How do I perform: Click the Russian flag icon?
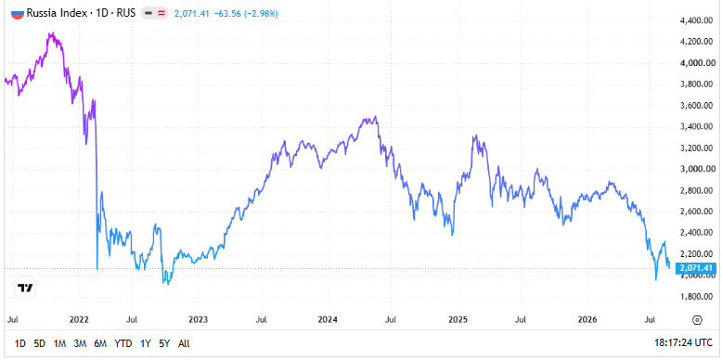[17, 13]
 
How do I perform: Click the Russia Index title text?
[57, 13]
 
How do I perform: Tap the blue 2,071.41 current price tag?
[695, 268]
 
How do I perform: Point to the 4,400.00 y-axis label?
[698, 20]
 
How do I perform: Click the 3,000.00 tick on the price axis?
[698, 170]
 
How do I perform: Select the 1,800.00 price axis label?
[698, 297]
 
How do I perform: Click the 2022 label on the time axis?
[79, 319]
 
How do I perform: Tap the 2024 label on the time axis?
[328, 319]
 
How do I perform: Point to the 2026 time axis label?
[588, 319]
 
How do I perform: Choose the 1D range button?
[20, 343]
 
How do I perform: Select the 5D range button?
[40, 343]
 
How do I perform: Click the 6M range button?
[100, 343]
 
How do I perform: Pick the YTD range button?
[122, 343]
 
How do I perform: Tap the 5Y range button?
[164, 343]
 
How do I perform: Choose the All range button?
[184, 343]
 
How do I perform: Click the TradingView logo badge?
[25, 289]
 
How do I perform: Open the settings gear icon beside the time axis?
[697, 320]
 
